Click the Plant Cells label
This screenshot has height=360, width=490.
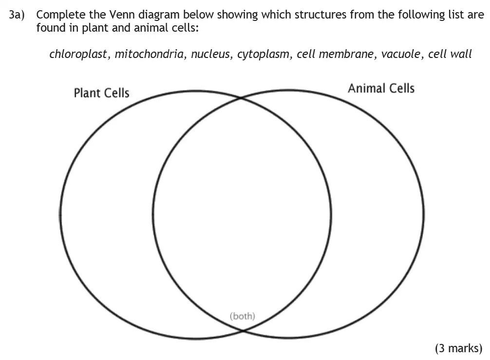pos(101,93)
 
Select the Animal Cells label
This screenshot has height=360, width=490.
pos(381,89)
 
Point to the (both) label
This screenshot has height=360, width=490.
pos(242,316)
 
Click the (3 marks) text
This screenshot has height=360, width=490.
pos(458,348)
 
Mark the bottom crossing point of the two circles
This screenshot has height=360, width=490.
pos(242,330)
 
